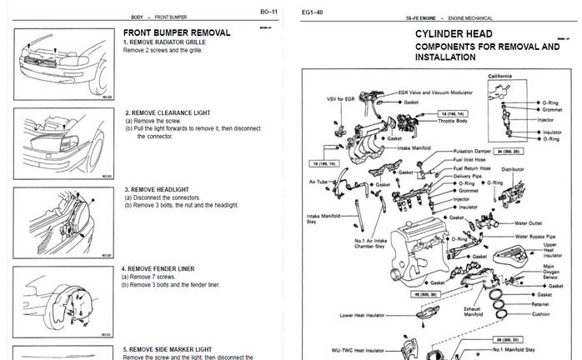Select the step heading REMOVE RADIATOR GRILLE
click(x=164, y=42)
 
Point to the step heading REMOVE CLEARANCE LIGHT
click(x=168, y=112)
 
